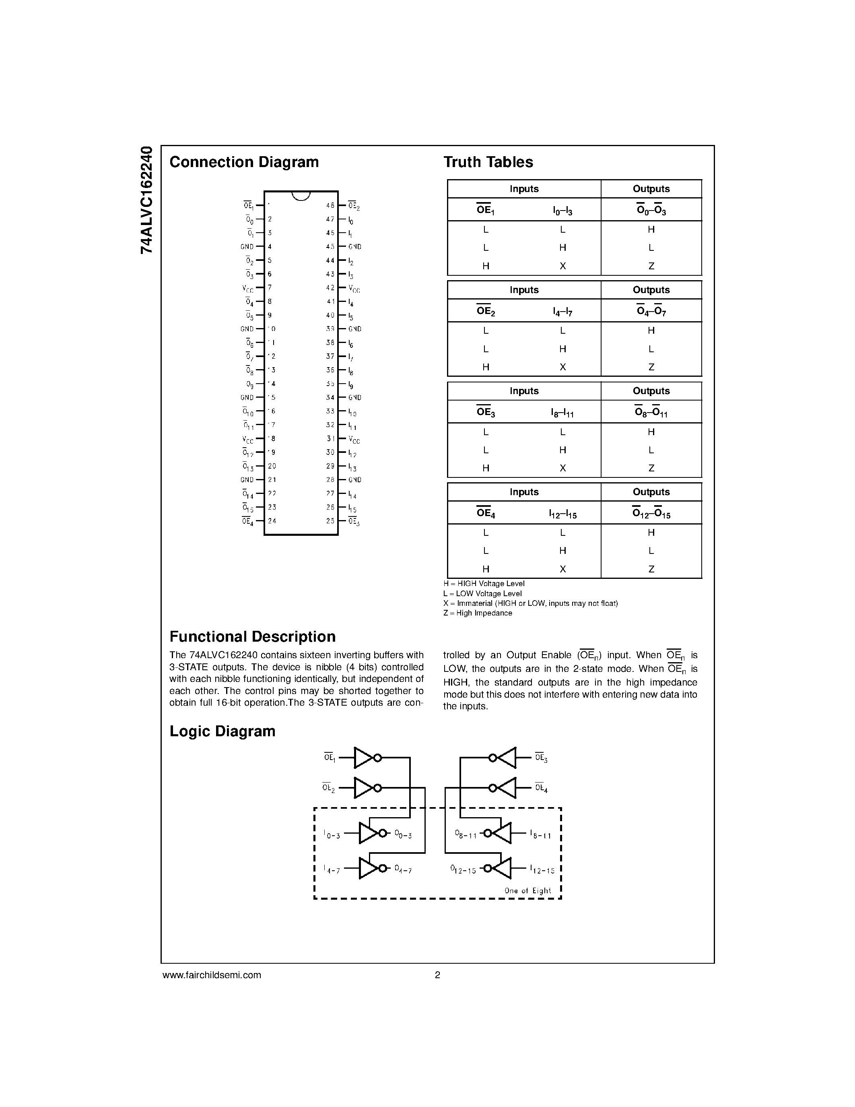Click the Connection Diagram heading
tap(244, 162)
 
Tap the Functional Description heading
tap(252, 637)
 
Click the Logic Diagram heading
tap(223, 731)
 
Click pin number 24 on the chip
tap(272, 520)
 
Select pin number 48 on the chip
tap(330, 205)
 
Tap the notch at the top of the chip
tap(301, 196)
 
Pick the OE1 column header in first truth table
tap(485, 210)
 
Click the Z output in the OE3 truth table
tap(651, 468)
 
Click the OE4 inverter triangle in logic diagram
tap(507, 788)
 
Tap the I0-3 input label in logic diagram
tap(332, 835)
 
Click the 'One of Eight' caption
tap(527, 890)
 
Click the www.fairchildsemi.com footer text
tap(212, 975)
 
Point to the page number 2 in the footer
tap(437, 975)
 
